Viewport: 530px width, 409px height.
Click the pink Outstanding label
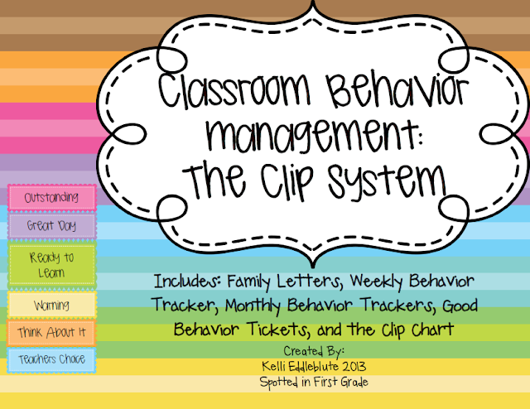[x=51, y=197]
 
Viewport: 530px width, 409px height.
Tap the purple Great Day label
[x=51, y=225]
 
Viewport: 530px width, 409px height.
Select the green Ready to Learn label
[x=51, y=265]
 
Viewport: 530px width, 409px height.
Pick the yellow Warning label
[x=51, y=305]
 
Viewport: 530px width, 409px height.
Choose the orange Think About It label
[x=51, y=333]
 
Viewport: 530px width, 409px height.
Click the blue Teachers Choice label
[x=51, y=360]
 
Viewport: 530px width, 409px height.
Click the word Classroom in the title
[x=234, y=90]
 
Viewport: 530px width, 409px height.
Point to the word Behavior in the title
[x=397, y=90]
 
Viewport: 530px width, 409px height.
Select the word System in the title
[x=388, y=180]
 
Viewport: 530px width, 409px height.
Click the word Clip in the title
[x=287, y=181]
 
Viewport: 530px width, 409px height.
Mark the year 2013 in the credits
[x=354, y=367]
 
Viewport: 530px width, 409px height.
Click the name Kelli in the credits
[x=272, y=367]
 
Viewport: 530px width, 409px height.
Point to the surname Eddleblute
[x=311, y=367]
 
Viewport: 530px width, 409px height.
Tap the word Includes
[x=187, y=281]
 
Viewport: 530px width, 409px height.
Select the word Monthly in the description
[x=253, y=306]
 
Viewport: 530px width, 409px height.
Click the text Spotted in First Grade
[x=314, y=383]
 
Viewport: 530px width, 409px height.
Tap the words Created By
[x=314, y=352]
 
